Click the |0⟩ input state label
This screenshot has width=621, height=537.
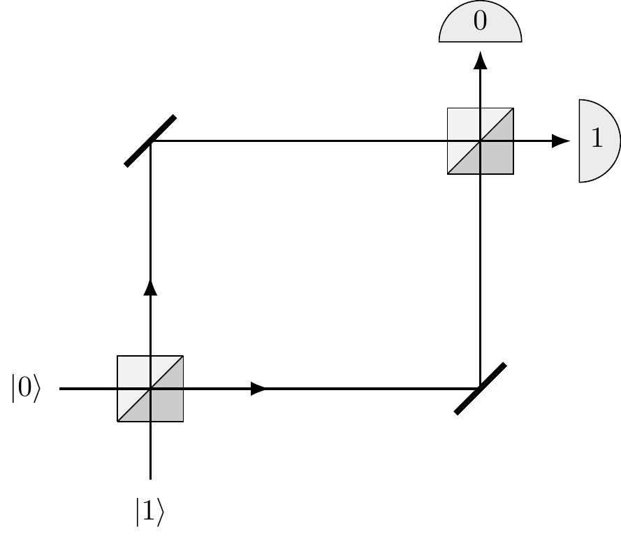tap(26, 389)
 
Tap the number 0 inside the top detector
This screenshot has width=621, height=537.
tap(480, 22)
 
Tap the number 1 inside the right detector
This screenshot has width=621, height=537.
tap(596, 140)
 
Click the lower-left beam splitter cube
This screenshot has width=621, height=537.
tap(150, 389)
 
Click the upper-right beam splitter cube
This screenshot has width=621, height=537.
tap(480, 141)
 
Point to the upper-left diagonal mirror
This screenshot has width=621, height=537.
tap(150, 141)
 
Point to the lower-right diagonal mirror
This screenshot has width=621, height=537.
tap(480, 389)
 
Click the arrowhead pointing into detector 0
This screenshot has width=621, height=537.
tap(480, 60)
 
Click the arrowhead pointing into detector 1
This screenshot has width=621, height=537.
tap(561, 141)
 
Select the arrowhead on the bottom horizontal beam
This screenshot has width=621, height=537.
tap(258, 389)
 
